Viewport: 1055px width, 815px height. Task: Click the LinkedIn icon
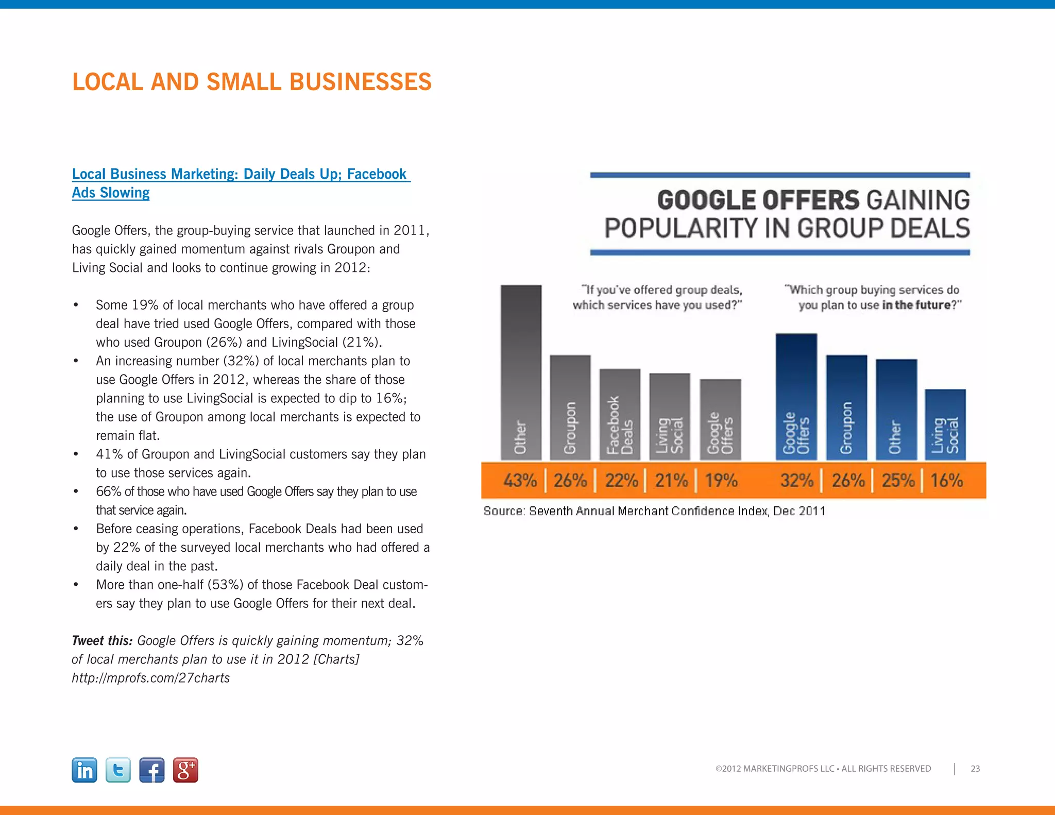(x=84, y=770)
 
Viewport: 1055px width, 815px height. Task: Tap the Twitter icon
(x=118, y=770)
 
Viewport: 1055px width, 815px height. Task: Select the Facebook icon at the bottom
(x=152, y=770)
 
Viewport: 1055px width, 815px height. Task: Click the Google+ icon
(x=185, y=770)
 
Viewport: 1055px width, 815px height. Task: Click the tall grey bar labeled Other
(x=521, y=371)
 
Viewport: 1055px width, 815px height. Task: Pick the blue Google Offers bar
(x=796, y=397)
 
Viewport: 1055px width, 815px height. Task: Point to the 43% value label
(x=520, y=481)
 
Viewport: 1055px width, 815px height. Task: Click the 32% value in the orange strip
(x=796, y=481)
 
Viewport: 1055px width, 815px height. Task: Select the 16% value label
(x=946, y=481)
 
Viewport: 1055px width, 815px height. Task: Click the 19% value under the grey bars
(x=721, y=481)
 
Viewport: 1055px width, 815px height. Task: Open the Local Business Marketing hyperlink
(x=239, y=174)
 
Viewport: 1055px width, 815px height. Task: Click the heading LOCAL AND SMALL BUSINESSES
(x=252, y=82)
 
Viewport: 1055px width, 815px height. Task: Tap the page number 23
(x=975, y=769)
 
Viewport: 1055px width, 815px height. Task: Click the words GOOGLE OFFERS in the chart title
(x=758, y=200)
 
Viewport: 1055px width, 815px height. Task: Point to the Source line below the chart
(x=654, y=511)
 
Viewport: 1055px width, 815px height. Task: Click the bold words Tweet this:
(x=102, y=641)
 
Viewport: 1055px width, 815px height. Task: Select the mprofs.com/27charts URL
(x=151, y=678)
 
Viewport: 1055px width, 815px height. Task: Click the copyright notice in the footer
(x=823, y=769)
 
